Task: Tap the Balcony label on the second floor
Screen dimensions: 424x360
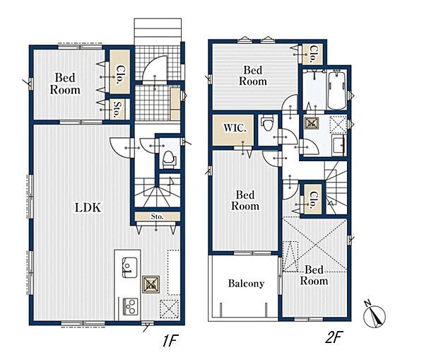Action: point(246,284)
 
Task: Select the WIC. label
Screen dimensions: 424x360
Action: point(235,128)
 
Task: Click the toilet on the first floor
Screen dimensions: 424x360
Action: point(169,159)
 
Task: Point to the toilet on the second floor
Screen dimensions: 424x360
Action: point(267,123)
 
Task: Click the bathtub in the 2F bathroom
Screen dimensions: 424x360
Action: point(337,90)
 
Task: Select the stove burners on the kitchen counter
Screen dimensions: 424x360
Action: point(130,306)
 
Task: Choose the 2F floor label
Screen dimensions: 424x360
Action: point(334,337)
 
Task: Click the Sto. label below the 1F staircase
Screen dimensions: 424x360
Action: point(157,216)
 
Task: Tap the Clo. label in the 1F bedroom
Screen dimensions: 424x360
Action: point(119,74)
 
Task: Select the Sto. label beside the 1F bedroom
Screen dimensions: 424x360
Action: point(117,110)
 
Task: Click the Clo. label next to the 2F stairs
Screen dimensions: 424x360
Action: point(314,199)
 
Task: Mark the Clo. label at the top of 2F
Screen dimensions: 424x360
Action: point(314,54)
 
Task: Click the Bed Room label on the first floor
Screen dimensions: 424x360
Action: point(65,83)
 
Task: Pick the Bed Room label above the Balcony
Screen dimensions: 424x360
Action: point(245,200)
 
